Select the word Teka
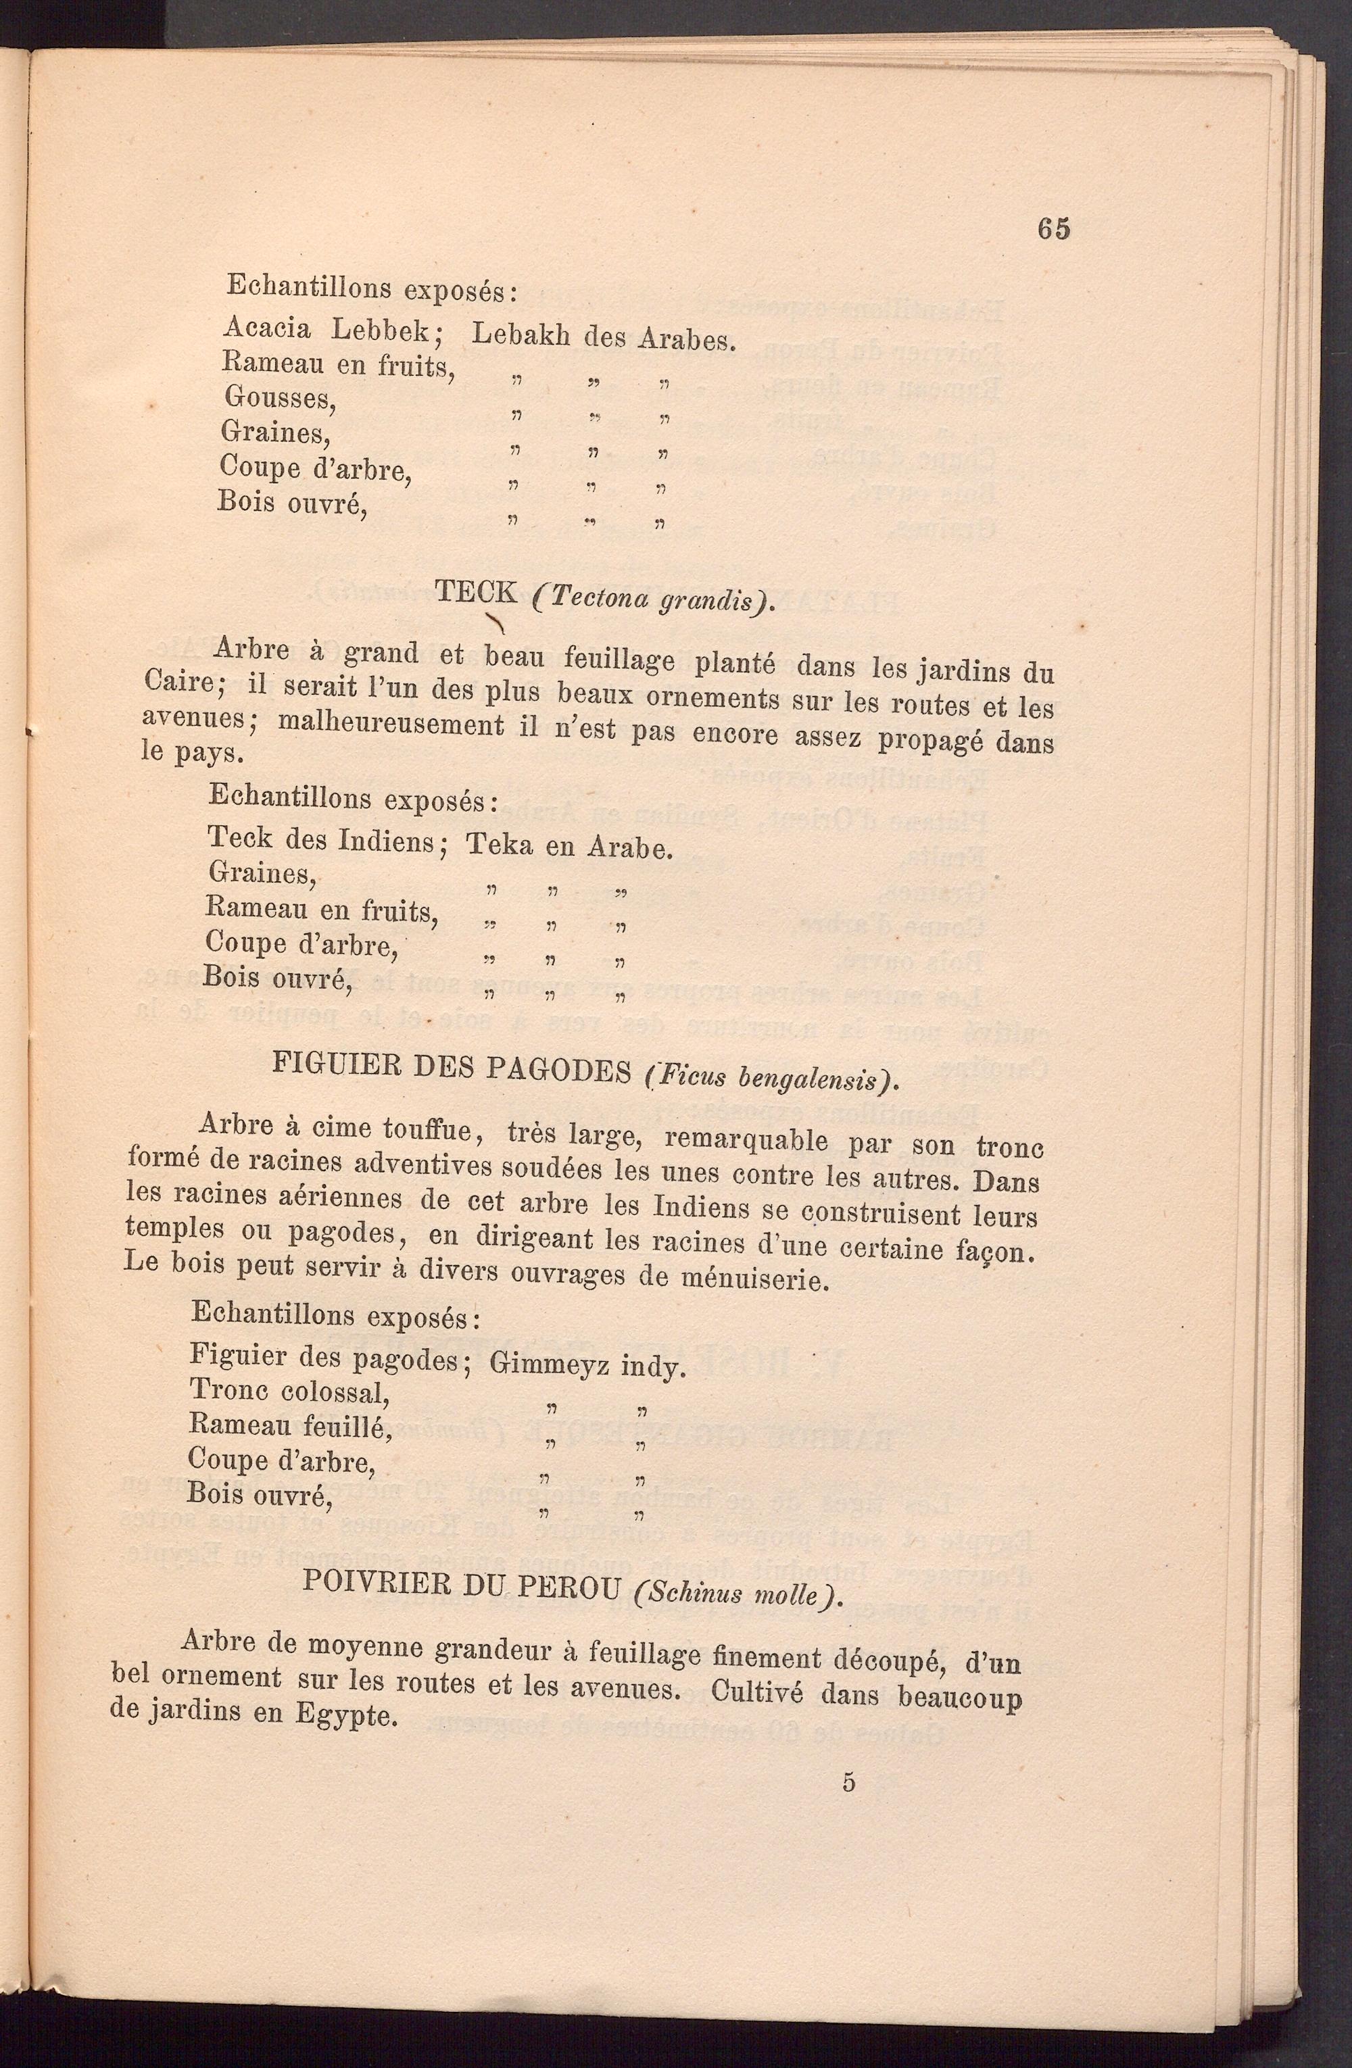[500, 845]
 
